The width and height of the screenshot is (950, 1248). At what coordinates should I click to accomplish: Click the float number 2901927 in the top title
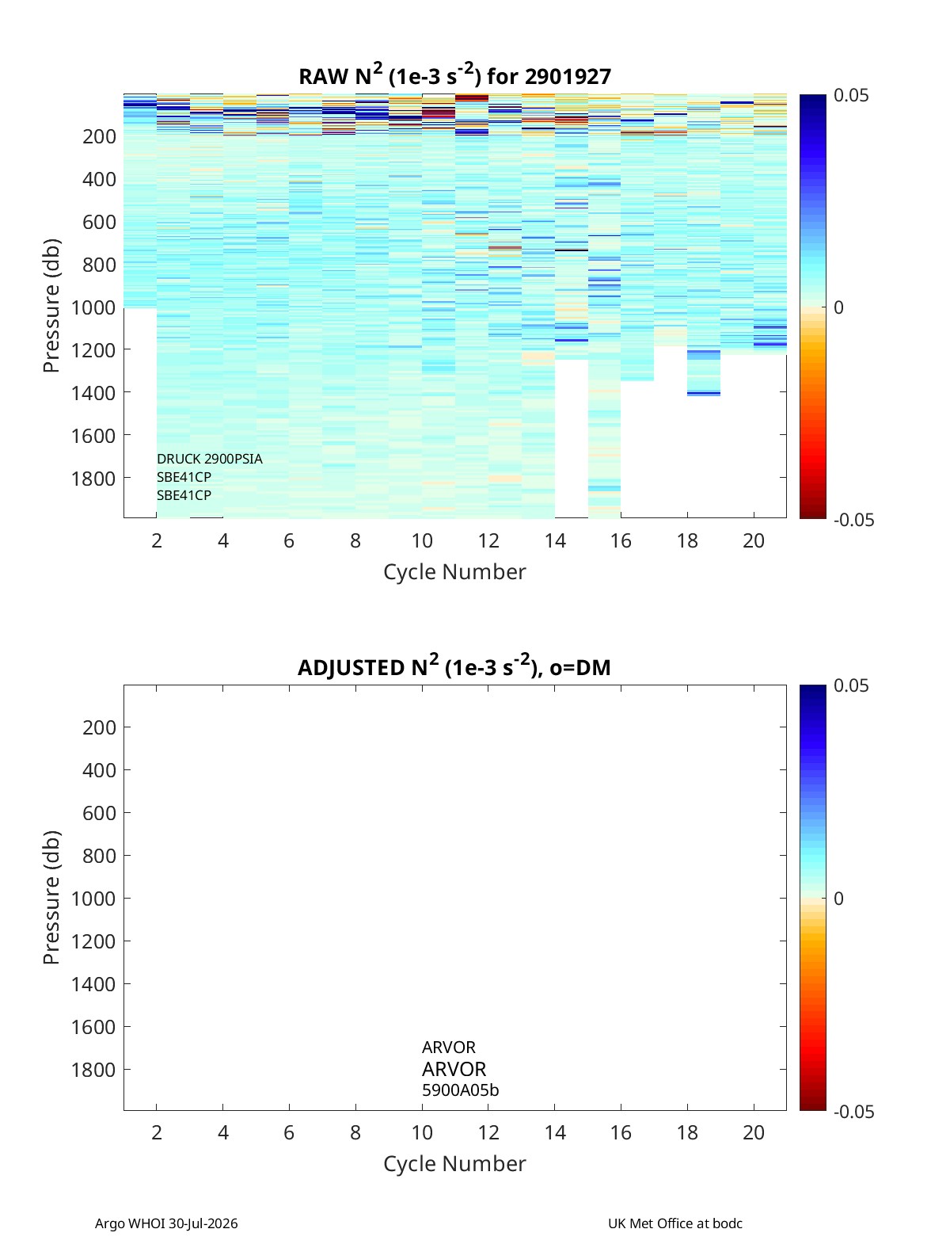pos(568,77)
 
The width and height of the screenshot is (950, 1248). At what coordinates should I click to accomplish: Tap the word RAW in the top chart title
pos(323,77)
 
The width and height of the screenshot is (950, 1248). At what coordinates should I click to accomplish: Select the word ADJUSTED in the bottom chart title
pos(351,667)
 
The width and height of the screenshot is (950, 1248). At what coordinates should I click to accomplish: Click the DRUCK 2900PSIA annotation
pos(210,459)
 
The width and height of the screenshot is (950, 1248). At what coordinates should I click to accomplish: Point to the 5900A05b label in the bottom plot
pos(460,1090)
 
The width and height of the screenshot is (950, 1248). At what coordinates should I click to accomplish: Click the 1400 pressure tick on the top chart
pos(93,393)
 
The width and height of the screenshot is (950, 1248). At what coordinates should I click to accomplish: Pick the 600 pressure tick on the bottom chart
pos(100,813)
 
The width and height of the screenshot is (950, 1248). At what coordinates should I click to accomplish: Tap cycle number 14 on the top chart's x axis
pos(555,540)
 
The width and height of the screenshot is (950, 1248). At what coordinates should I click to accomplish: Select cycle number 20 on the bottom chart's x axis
pos(754,1132)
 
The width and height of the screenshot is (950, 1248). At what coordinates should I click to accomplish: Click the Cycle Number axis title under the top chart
pos(454,572)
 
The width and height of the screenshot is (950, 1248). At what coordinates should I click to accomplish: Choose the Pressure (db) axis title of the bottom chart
pos(51,897)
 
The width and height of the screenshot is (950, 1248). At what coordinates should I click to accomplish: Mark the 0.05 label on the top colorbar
pos(850,96)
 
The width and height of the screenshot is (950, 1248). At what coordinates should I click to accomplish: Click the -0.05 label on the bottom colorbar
pos(853,1111)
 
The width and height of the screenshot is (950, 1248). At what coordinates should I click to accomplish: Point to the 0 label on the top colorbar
pos(838,307)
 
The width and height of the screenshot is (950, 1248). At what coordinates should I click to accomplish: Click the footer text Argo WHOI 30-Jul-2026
pos(166,1223)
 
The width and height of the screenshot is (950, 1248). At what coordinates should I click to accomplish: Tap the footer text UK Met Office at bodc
pos(675,1223)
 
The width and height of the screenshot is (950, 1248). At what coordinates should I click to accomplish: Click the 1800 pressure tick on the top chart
pos(93,479)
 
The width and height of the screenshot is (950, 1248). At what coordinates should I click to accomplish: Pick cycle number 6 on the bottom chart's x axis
pos(289,1132)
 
